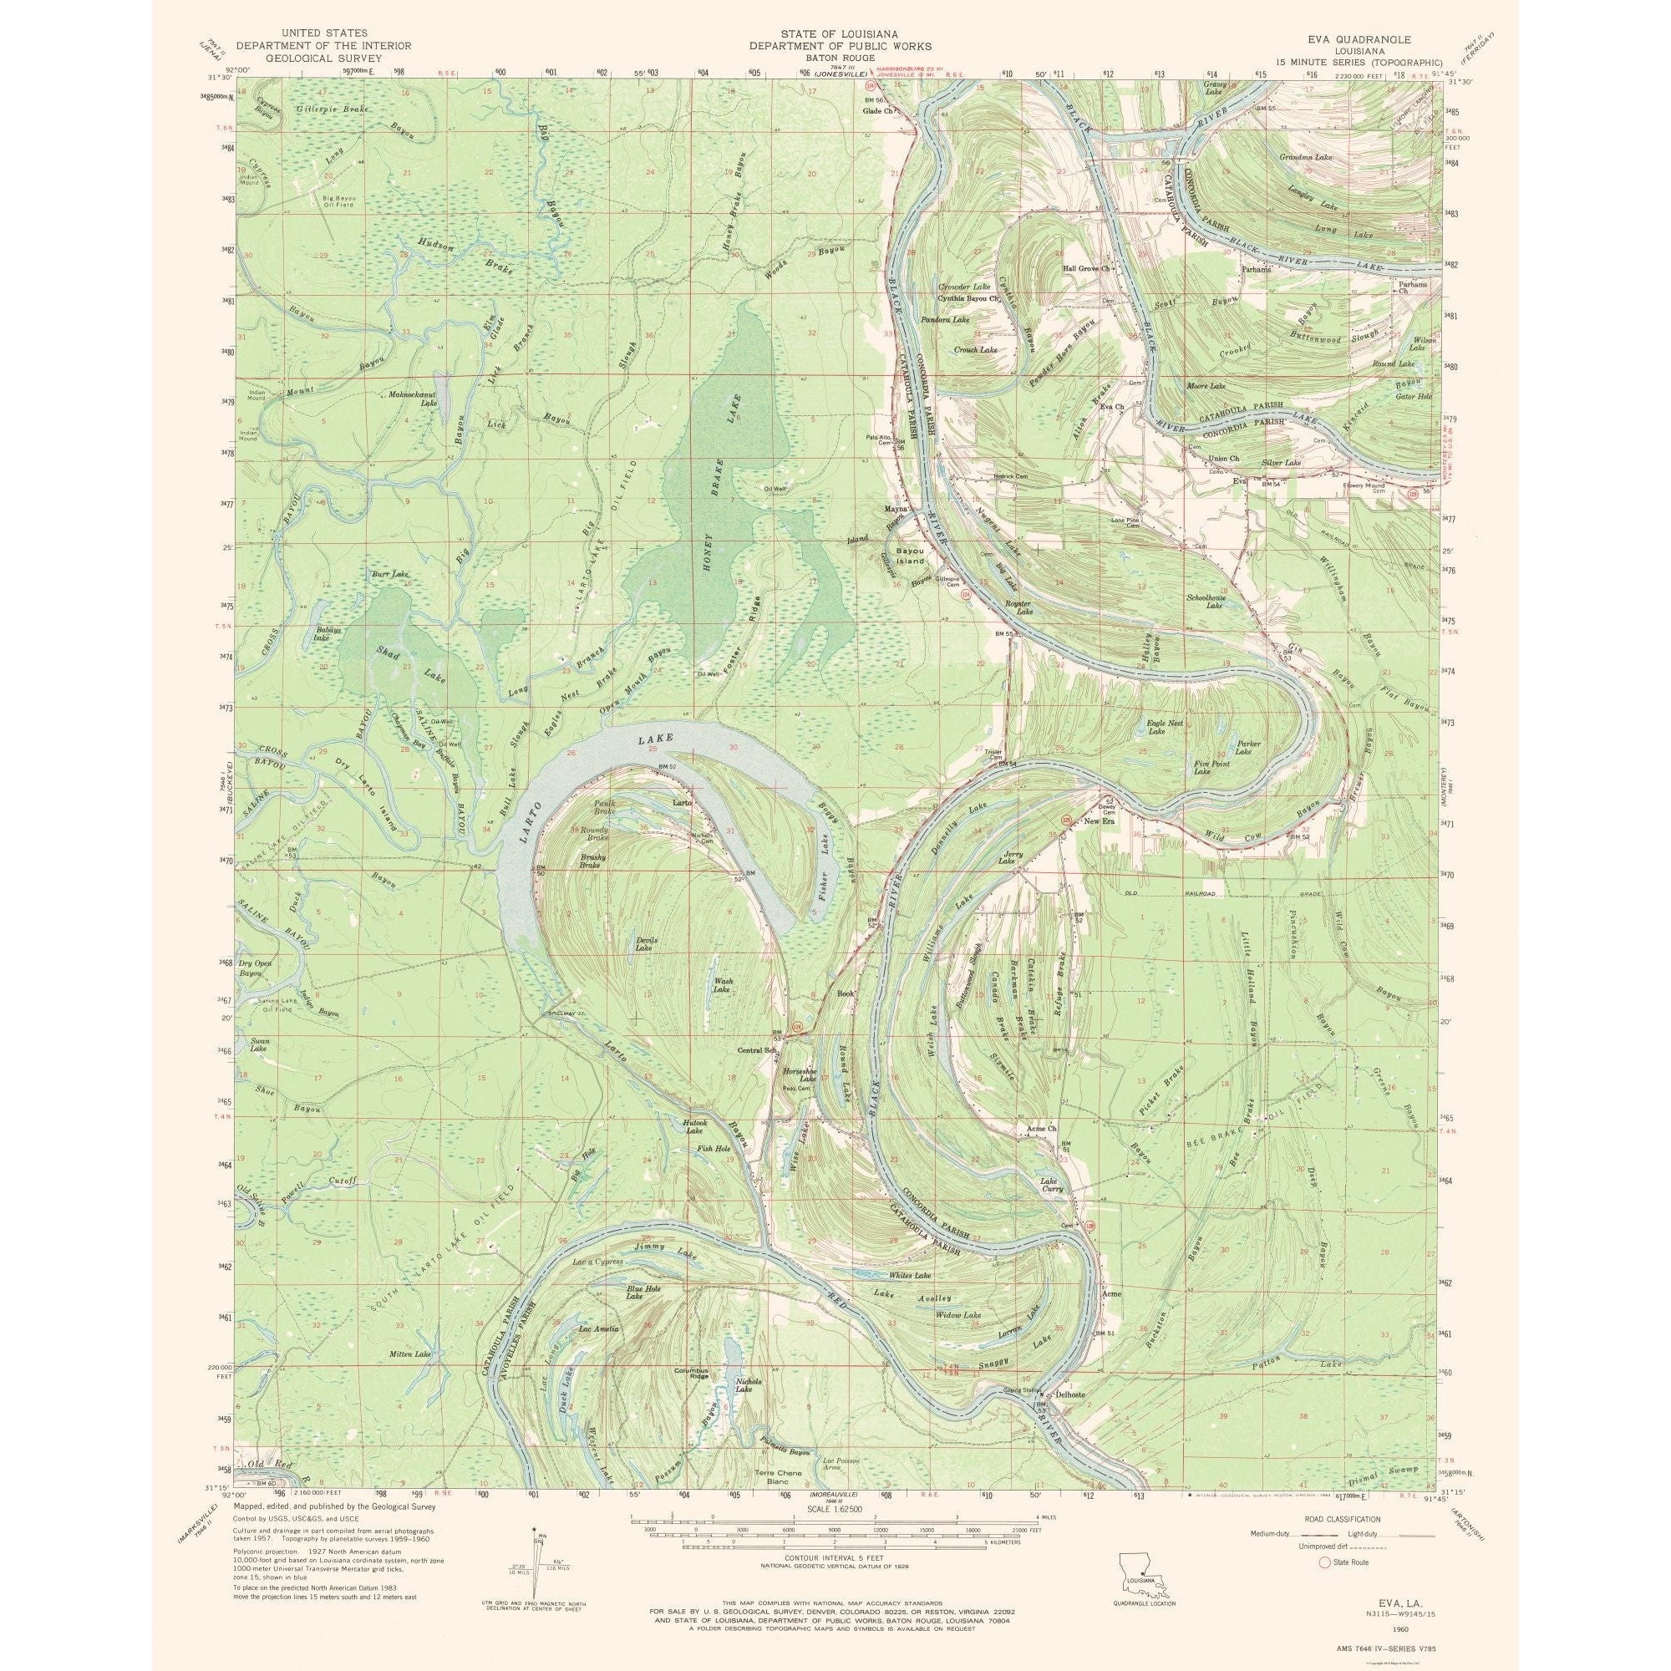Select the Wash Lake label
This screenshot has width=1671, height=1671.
724,985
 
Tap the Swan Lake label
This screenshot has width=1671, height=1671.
259,1044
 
